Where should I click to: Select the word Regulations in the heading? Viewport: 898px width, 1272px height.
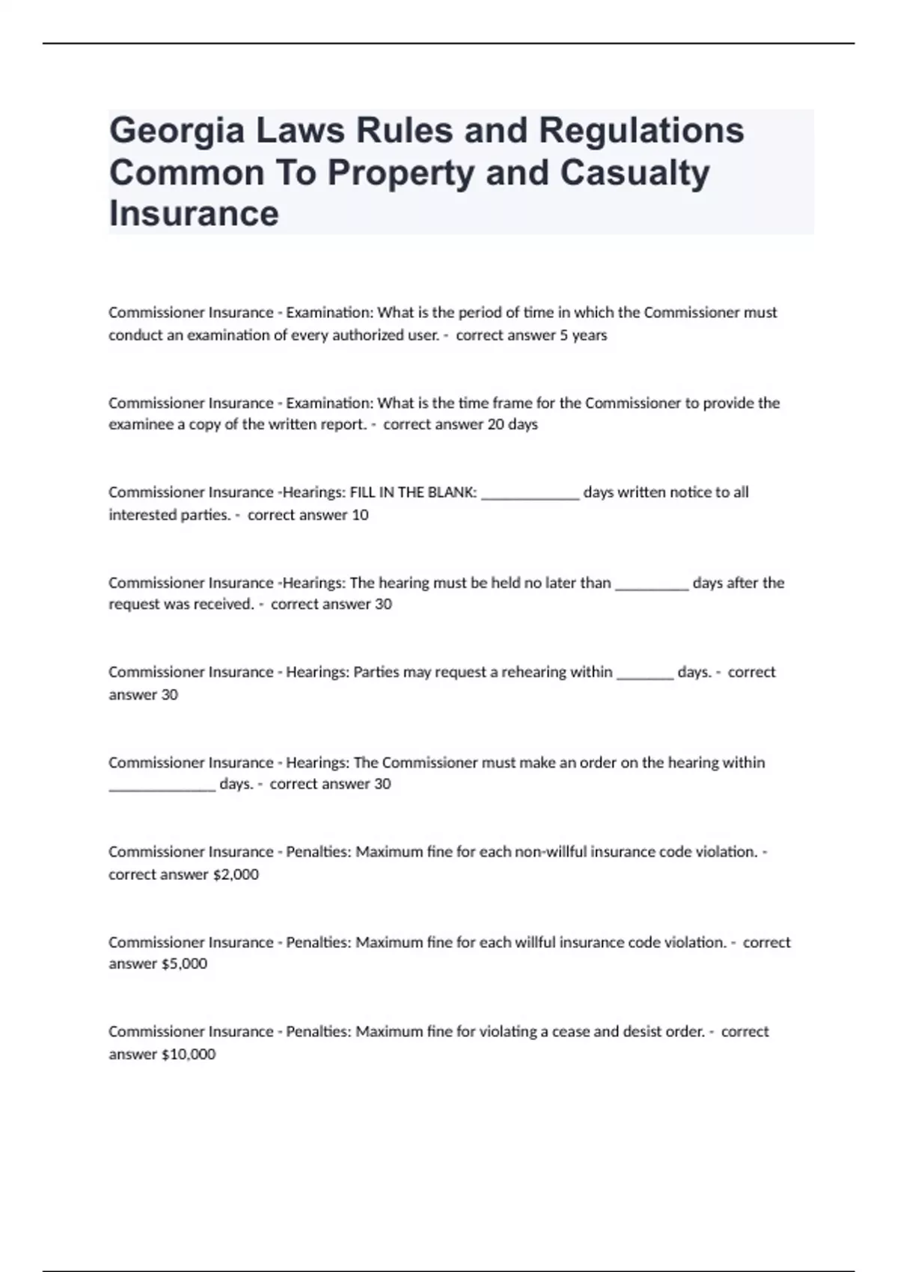pyautogui.click(x=641, y=132)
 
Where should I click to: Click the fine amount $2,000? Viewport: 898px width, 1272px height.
pyautogui.click(x=236, y=874)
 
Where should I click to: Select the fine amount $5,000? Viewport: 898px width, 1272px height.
pyautogui.click(x=184, y=964)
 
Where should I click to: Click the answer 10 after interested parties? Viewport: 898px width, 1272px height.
pyautogui.click(x=359, y=515)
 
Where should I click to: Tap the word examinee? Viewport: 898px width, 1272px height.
pyautogui.click(x=141, y=425)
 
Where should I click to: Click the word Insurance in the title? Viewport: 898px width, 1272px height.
pyautogui.click(x=194, y=213)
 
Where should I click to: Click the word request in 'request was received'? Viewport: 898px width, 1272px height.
pyautogui.click(x=132, y=605)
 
